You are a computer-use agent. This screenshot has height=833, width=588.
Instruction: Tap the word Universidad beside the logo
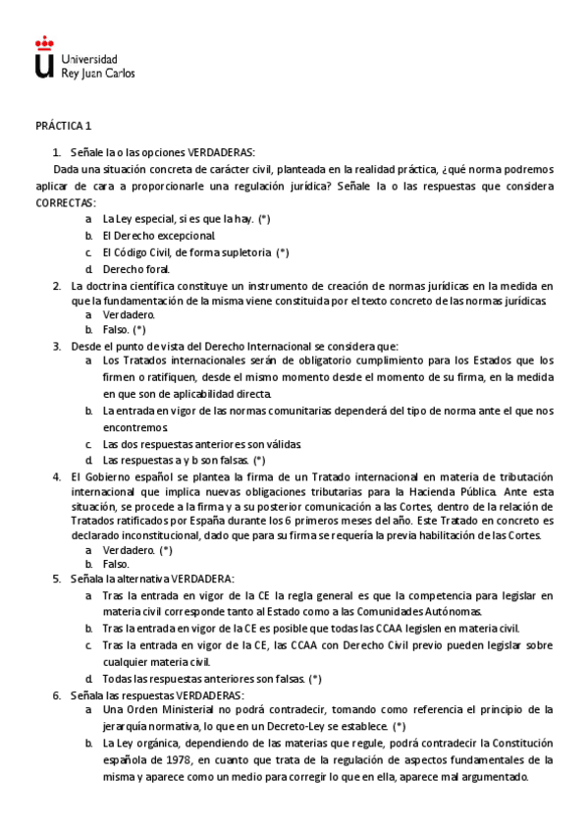pyautogui.click(x=88, y=59)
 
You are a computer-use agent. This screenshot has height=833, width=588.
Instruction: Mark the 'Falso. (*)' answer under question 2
pyautogui.click(x=124, y=329)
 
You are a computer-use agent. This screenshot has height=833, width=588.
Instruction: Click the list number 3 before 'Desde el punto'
pyautogui.click(x=56, y=346)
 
